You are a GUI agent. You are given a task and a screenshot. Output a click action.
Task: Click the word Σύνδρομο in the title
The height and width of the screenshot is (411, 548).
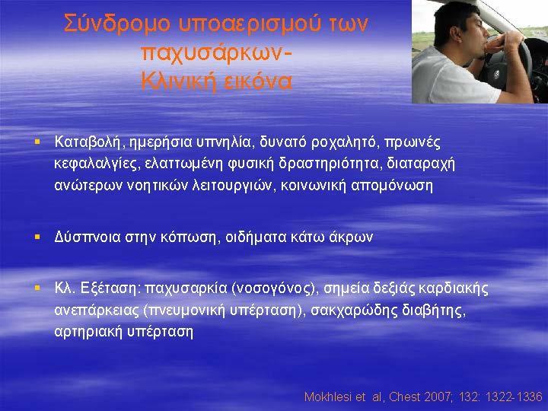pos(117,24)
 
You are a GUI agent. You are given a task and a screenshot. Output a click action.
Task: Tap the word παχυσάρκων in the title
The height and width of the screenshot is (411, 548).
pos(214,53)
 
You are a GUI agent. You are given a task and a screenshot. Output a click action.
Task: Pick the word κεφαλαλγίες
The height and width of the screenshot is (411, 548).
pos(95,164)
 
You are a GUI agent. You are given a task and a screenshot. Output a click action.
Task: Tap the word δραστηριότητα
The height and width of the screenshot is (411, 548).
pos(329,164)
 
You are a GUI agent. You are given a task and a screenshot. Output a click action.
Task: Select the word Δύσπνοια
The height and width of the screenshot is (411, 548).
pos(88,237)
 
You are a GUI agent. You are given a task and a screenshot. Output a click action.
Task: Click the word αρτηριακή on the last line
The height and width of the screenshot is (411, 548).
pos(88,332)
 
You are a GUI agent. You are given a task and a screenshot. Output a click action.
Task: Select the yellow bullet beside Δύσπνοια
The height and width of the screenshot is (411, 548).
pos(37,237)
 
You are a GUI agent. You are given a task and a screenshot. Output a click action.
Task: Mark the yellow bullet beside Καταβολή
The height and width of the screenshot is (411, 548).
pos(37,142)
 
